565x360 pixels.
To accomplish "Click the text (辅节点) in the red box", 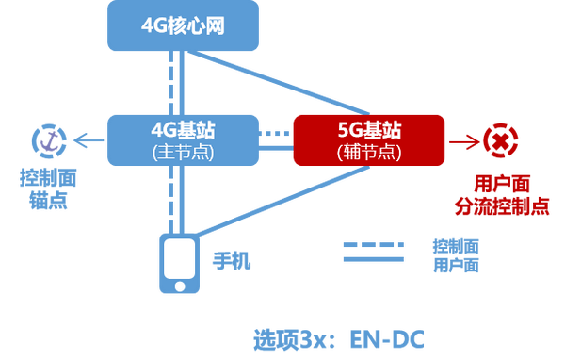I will tap(369, 151).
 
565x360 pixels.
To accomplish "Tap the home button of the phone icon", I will tap(178, 284).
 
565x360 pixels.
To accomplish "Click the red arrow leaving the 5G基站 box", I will tap(460, 141).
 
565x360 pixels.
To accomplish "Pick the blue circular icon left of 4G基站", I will tap(47, 140).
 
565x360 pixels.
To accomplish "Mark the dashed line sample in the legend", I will tap(373, 243).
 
